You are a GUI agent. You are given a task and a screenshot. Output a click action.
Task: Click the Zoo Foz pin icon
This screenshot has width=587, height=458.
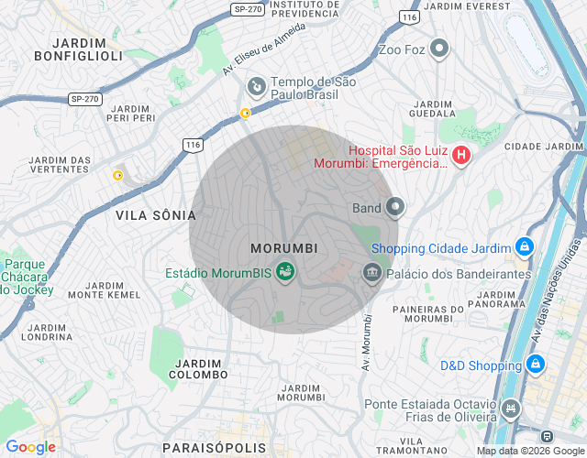(x=439, y=49)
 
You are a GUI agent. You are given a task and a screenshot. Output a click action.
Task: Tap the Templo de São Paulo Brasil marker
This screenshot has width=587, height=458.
(x=257, y=87)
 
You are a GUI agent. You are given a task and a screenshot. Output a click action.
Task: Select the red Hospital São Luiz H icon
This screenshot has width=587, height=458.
(x=461, y=156)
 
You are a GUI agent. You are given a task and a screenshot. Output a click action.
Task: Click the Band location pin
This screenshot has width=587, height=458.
(x=394, y=207)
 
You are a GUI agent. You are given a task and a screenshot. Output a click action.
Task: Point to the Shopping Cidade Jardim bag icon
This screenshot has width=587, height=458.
(x=524, y=246)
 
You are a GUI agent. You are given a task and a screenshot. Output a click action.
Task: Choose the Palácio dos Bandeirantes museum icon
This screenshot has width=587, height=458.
(x=371, y=272)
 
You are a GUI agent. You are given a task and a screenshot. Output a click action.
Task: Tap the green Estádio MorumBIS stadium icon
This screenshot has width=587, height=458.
(x=285, y=271)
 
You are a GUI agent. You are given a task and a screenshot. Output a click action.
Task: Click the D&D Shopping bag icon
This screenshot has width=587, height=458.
(x=536, y=365)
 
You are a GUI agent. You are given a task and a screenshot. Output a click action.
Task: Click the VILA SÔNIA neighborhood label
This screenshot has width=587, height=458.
(x=156, y=215)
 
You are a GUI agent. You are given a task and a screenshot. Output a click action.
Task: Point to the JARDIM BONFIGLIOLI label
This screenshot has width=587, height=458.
(x=79, y=49)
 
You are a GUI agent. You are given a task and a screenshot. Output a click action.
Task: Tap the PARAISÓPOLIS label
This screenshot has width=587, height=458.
(x=213, y=448)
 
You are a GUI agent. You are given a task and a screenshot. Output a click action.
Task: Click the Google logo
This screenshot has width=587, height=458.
(x=30, y=447)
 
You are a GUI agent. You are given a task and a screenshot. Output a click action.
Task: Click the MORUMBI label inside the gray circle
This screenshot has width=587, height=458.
(x=284, y=248)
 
